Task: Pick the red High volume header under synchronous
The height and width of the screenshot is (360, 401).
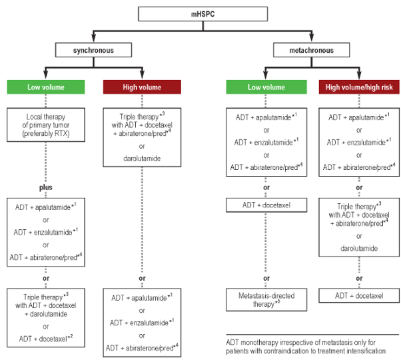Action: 142,87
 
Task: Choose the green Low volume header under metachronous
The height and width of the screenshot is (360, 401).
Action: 264,87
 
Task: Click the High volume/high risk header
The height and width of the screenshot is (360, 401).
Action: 360,87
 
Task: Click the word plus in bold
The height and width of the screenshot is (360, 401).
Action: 46,188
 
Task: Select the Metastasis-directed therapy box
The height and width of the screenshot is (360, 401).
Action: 264,299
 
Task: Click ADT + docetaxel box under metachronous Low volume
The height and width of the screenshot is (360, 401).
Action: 264,204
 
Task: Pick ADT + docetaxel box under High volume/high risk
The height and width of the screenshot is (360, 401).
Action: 360,294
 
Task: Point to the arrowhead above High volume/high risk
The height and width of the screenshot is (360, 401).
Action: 360,76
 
